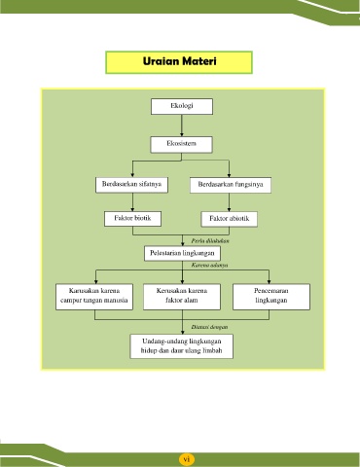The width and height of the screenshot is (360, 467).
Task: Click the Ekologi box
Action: [182, 106]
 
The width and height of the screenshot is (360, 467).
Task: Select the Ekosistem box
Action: [181, 144]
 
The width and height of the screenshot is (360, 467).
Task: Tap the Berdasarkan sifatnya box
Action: [131, 185]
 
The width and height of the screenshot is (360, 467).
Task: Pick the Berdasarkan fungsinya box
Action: [231, 185]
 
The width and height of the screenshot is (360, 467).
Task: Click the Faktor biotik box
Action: [132, 219]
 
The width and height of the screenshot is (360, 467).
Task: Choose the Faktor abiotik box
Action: [230, 219]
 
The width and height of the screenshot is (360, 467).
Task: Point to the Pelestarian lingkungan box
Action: [182, 253]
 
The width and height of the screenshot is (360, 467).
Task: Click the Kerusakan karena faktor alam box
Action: [182, 297]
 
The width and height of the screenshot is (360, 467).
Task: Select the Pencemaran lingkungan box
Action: [271, 297]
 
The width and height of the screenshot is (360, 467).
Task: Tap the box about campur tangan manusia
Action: [94, 297]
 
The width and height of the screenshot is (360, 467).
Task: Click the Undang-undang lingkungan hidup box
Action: [182, 346]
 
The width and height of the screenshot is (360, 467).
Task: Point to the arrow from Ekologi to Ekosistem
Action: [182, 126]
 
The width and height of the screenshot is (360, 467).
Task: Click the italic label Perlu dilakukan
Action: [210, 240]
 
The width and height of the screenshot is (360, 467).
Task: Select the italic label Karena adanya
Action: [209, 265]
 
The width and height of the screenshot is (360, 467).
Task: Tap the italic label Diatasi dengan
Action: [209, 327]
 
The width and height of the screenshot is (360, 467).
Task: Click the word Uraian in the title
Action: [161, 61]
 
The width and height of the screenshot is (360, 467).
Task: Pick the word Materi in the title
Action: [199, 61]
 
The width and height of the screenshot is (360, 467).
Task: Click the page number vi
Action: [186, 459]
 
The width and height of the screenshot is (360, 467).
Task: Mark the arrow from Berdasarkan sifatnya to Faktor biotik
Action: [132, 202]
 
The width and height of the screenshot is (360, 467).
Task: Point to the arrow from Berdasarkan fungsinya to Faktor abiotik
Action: [229, 202]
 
